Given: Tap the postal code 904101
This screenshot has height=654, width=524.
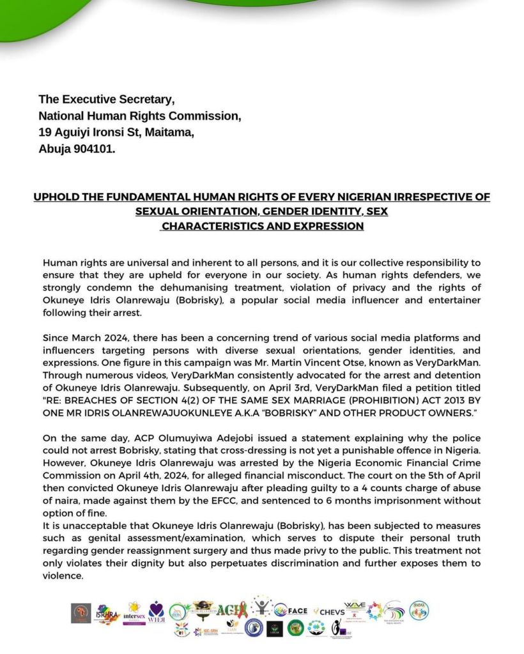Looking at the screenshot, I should pos(95,149).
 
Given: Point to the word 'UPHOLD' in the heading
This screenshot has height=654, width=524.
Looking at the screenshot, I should pos(55,197).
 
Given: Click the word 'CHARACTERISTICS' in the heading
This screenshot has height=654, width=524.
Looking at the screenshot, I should pos(213,226).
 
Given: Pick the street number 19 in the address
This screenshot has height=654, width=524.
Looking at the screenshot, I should pos(45,132).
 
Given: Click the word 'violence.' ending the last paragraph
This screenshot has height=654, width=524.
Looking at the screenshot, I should pos(63,575).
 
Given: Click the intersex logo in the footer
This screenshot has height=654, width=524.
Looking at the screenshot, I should pos(134,612).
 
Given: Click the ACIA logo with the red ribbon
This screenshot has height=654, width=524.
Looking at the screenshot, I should pos(231,611).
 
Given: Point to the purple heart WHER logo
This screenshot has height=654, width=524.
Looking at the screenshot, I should pos(156,611).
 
